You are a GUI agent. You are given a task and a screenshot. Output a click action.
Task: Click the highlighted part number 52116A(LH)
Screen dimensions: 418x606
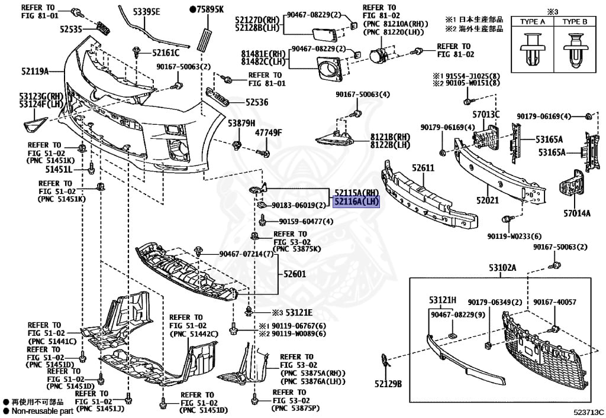click(x=355, y=202)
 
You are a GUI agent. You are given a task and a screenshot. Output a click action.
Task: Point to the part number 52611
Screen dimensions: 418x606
click(x=423, y=169)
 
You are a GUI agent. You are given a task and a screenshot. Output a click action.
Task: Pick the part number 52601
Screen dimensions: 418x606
click(x=294, y=274)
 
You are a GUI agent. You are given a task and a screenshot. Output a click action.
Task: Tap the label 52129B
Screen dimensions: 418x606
click(x=388, y=384)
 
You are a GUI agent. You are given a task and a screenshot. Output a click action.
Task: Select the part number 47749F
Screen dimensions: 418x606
click(x=269, y=132)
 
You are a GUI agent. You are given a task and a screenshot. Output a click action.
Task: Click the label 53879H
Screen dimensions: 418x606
click(x=241, y=123)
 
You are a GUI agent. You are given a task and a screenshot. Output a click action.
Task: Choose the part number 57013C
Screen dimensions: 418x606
click(x=486, y=114)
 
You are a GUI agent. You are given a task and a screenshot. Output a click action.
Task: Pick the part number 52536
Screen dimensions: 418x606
click(x=257, y=102)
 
